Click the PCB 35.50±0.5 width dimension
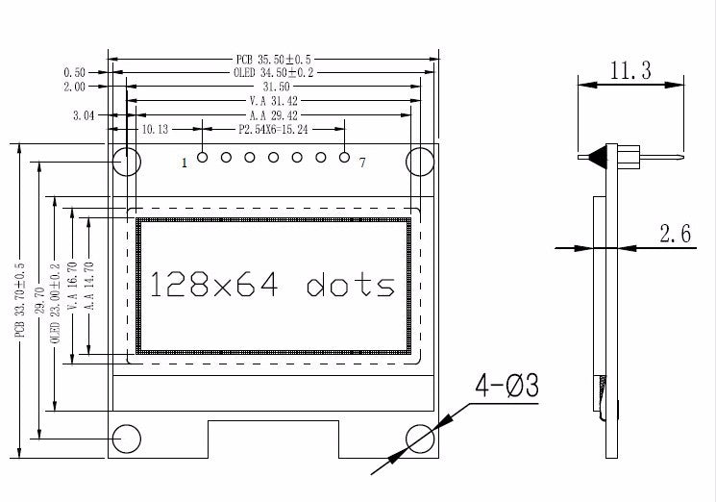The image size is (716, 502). pos(272,58)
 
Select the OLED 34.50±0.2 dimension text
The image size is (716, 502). pos(273,72)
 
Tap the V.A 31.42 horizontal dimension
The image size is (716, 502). pos(273,100)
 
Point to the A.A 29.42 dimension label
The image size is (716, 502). pos(273,114)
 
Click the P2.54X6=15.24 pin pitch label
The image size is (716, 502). pos(273,128)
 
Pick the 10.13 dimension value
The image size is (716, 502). pos(155,128)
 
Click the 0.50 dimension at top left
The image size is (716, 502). pos(74,72)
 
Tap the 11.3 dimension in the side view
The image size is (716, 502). pos(630,69)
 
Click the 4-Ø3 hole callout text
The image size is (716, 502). pos(506,387)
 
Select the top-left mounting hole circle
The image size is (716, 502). pos(126,161)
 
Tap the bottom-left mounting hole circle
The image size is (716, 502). pos(126,438)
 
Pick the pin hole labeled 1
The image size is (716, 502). pos(202,157)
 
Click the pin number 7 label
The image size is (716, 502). pos(361,163)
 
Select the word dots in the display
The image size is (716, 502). pos(351,285)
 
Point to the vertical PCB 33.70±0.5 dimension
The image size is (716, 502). pos(19,300)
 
